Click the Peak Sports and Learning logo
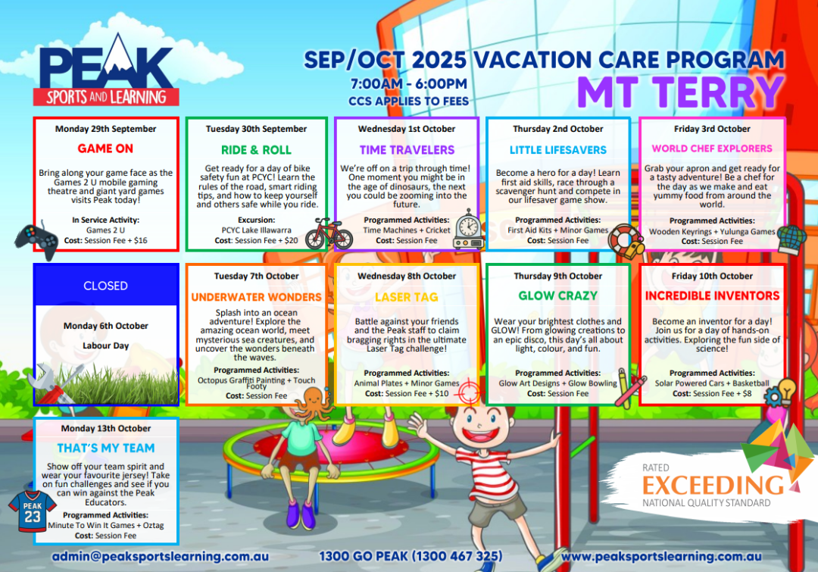(x=106, y=70)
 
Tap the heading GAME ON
(x=105, y=148)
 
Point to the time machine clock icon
(x=469, y=230)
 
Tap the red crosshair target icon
(x=467, y=392)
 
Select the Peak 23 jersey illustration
(x=33, y=511)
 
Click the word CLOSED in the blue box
(x=105, y=286)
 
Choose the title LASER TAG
(x=407, y=297)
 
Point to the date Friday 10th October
(x=712, y=276)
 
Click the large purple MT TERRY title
(x=680, y=92)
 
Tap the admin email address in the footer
(x=160, y=556)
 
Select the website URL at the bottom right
(x=661, y=556)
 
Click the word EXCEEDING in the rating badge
(x=713, y=486)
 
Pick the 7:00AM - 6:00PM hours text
(x=408, y=83)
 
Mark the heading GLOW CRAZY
(x=557, y=296)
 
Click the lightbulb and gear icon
(x=780, y=392)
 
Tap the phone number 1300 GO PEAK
(x=411, y=556)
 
